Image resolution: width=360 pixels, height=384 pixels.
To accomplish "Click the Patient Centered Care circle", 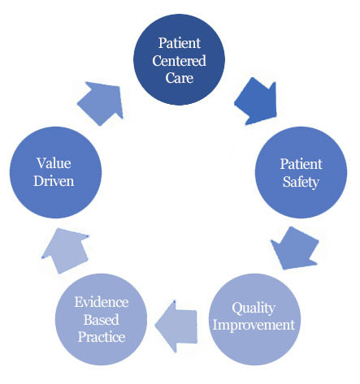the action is pyautogui.click(x=179, y=59).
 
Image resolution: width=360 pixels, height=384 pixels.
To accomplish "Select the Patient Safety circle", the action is pyautogui.click(x=301, y=172).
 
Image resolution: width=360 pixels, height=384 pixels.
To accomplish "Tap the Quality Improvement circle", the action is pyautogui.click(x=254, y=319).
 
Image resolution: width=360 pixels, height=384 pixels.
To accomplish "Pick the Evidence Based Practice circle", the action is pyautogui.click(x=101, y=319).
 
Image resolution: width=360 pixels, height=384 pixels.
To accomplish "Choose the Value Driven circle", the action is pyautogui.click(x=55, y=172).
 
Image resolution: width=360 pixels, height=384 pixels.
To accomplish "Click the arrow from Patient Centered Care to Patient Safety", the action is pyautogui.click(x=257, y=101).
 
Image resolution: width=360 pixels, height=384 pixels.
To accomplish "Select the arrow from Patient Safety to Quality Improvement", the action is pyautogui.click(x=295, y=248).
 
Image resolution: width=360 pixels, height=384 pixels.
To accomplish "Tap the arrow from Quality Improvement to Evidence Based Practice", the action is pyautogui.click(x=176, y=326).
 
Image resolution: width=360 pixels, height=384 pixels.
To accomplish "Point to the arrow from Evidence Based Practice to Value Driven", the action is pyautogui.click(x=65, y=250).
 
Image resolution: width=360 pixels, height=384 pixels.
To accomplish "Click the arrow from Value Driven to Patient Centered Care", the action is pyautogui.click(x=101, y=103).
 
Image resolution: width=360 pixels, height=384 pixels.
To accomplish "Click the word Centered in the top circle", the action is pyautogui.click(x=179, y=61).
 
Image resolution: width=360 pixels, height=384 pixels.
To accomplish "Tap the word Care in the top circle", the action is pyautogui.click(x=180, y=78).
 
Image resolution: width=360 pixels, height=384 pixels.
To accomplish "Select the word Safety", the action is pyautogui.click(x=301, y=182).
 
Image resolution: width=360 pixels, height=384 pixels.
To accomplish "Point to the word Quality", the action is pyautogui.click(x=254, y=308).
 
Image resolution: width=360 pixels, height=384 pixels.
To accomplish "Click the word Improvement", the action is pyautogui.click(x=254, y=325).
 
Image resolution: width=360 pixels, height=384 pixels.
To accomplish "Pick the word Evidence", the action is pyautogui.click(x=102, y=302).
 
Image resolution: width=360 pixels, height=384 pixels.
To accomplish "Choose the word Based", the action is pyautogui.click(x=102, y=320).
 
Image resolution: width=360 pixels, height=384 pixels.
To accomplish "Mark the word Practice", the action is pyautogui.click(x=102, y=337).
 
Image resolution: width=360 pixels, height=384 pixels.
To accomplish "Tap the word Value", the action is pyautogui.click(x=54, y=163).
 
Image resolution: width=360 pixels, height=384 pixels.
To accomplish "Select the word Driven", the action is pyautogui.click(x=54, y=181).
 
